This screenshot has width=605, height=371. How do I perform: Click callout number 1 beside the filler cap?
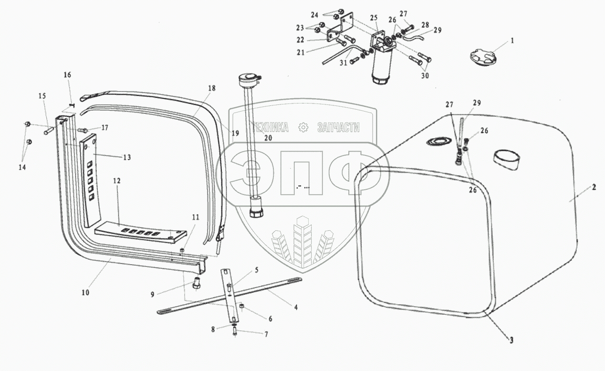512,41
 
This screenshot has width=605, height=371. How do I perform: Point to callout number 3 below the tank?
511,340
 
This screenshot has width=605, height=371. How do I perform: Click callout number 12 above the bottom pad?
117,181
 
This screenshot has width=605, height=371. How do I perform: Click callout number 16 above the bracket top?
67,75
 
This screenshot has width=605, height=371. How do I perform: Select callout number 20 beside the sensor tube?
268,137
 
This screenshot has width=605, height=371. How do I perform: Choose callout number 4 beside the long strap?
295,308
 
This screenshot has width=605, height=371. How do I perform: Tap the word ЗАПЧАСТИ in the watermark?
338,127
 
